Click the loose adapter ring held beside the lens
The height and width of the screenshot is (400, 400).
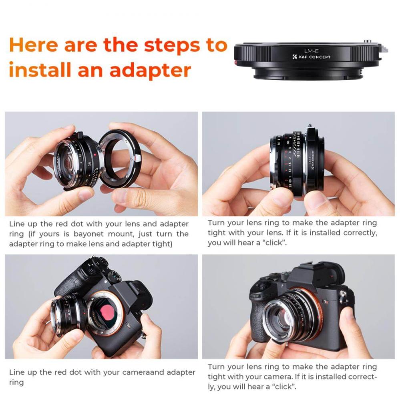120,158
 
